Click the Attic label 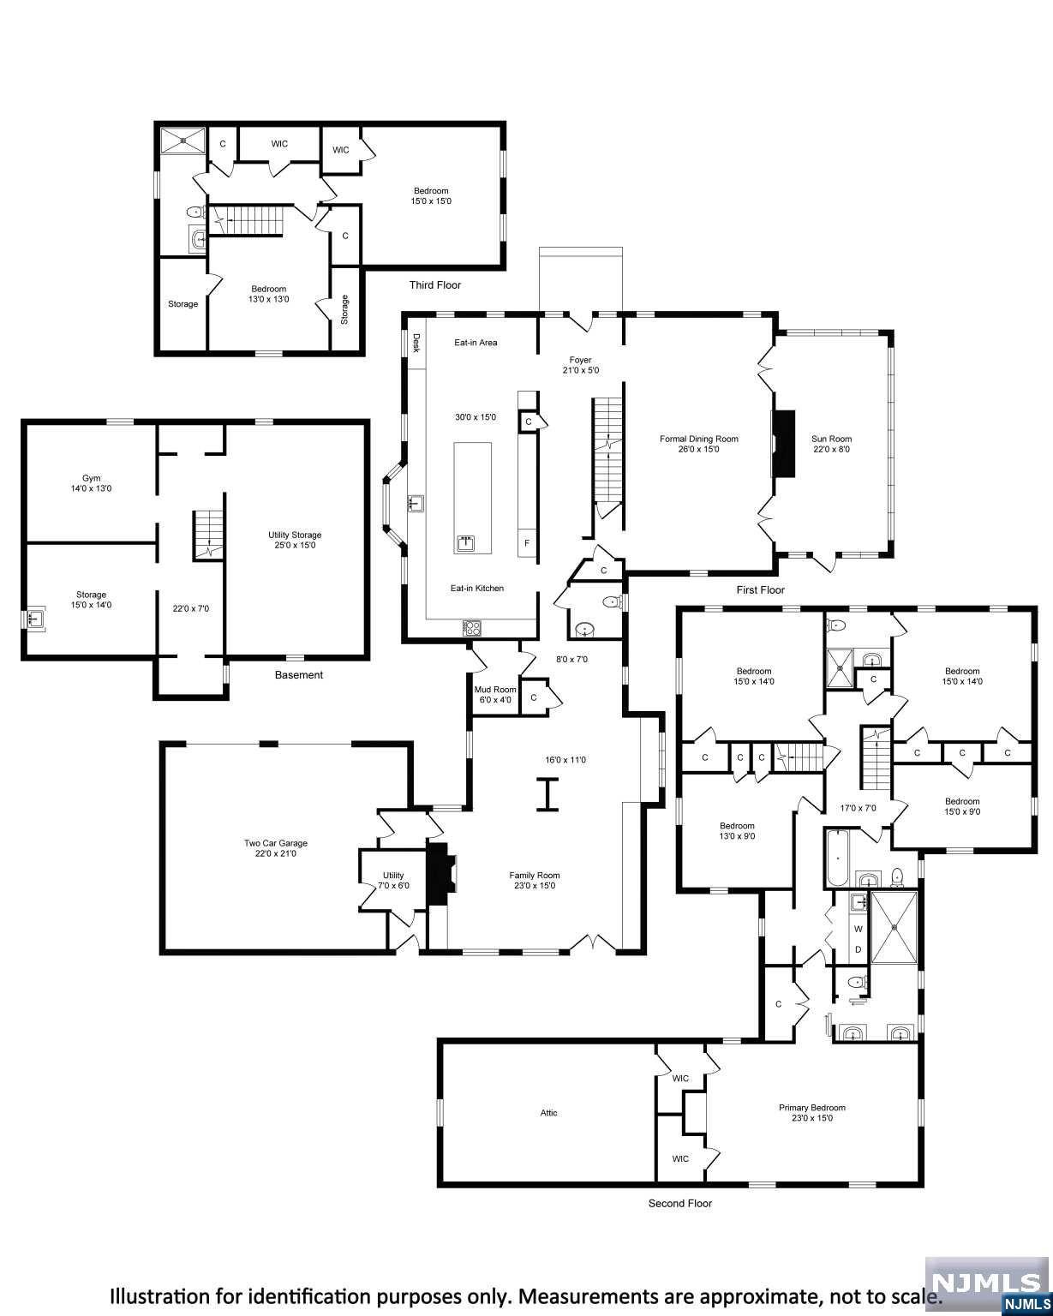click(548, 1113)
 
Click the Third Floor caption click(434, 285)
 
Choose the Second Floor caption click(679, 1203)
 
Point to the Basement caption click(298, 675)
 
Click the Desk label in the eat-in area click(416, 343)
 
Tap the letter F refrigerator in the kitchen click(526, 544)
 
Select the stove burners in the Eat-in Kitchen click(472, 627)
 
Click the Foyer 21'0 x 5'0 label click(580, 365)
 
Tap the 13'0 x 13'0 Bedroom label click(268, 294)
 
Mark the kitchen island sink click(465, 542)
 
